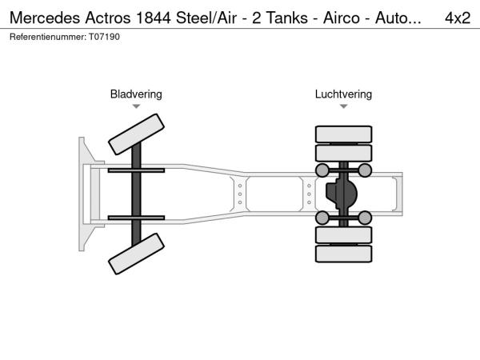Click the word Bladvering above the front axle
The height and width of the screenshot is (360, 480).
tap(136, 94)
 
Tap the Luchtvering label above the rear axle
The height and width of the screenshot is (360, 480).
tap(343, 94)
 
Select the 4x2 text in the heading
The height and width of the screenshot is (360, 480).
tap(458, 18)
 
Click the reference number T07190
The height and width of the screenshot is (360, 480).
tap(104, 37)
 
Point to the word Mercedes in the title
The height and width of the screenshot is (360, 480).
tap(45, 18)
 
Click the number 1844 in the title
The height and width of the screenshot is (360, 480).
tap(154, 18)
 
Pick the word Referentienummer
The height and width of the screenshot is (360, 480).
tap(48, 37)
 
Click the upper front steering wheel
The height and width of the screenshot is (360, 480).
tap(136, 134)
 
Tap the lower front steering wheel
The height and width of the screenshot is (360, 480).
tap(136, 254)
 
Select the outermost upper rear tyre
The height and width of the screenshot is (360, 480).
tap(343, 134)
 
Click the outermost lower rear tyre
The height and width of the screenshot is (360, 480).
tap(343, 254)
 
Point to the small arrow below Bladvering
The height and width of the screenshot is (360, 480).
tap(136, 106)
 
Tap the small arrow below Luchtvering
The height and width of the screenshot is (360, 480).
tap(343, 106)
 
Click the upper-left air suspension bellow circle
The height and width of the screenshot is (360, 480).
tap(322, 170)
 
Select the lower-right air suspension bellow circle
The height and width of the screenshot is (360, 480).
tap(365, 218)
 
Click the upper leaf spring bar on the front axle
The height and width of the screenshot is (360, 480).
tap(136, 170)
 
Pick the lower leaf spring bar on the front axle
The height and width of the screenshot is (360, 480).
tap(136, 218)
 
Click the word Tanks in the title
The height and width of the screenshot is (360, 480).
tap(287, 18)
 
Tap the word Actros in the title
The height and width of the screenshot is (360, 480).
tap(108, 18)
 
